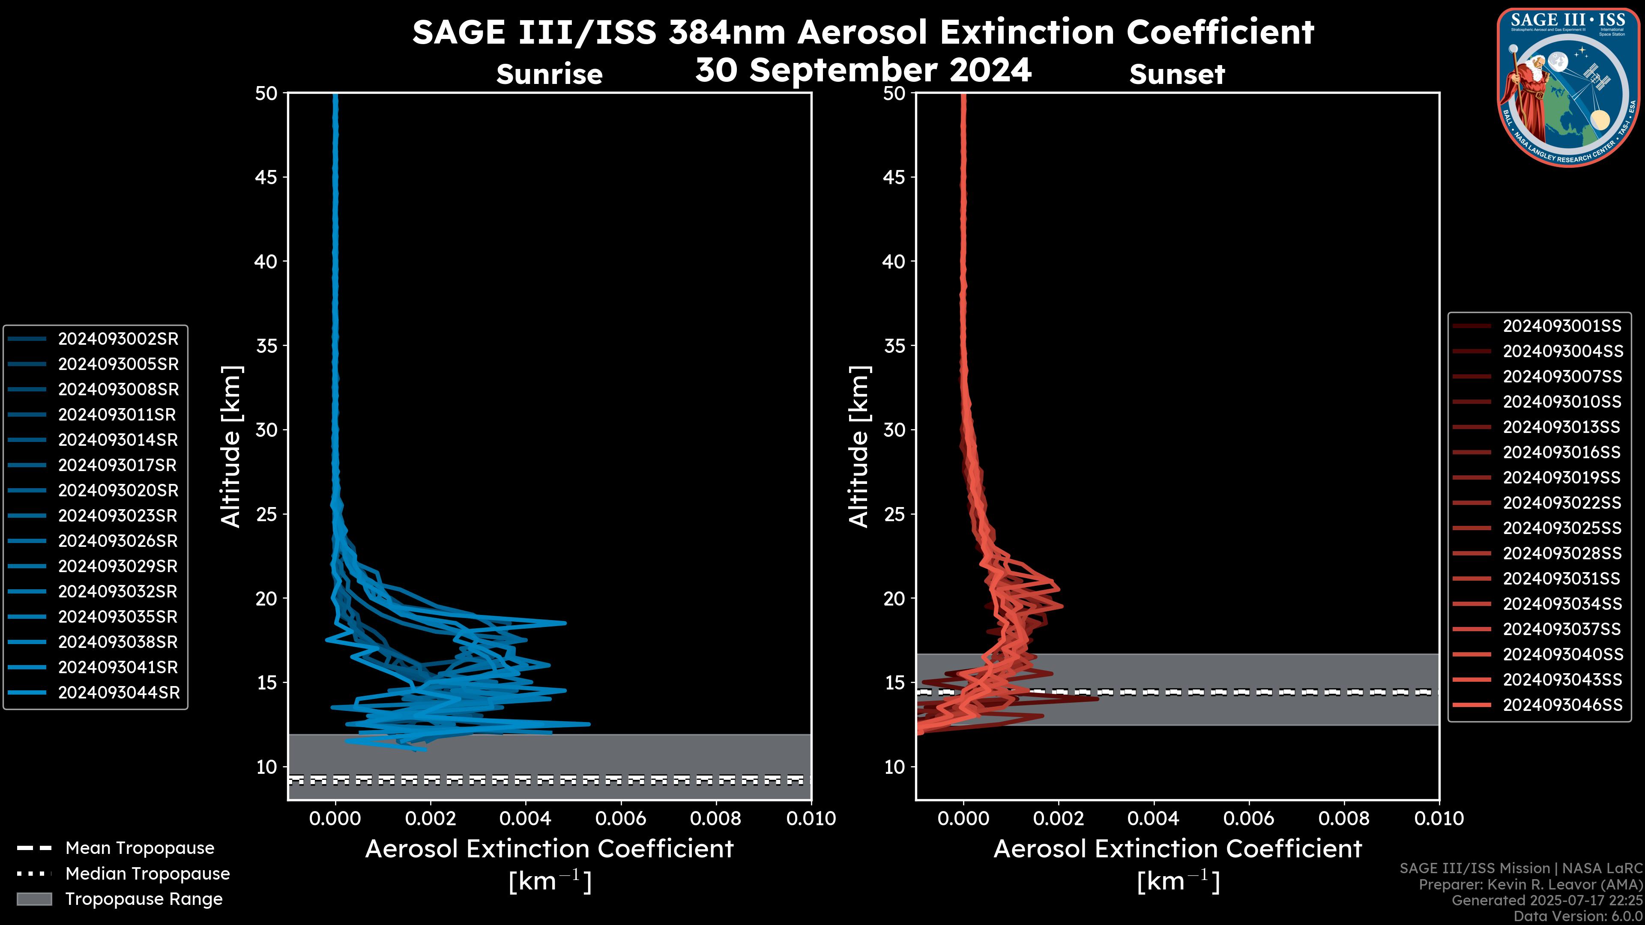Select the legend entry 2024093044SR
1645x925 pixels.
pyautogui.click(x=118, y=692)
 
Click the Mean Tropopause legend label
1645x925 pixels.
pyautogui.click(x=140, y=848)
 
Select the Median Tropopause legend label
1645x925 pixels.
pyautogui.click(x=147, y=873)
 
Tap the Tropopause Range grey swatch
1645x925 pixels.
pyautogui.click(x=34, y=899)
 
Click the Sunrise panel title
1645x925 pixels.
pyautogui.click(x=549, y=75)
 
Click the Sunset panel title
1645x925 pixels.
pyautogui.click(x=1177, y=75)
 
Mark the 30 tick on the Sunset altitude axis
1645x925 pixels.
pyautogui.click(x=894, y=430)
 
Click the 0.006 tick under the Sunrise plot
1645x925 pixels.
pyautogui.click(x=621, y=818)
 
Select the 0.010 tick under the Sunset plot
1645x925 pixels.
pyautogui.click(x=1439, y=818)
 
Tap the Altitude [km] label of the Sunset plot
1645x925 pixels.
pyautogui.click(x=859, y=447)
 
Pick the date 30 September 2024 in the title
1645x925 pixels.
pyautogui.click(x=863, y=69)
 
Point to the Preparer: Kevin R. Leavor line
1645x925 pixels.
pyautogui.click(x=1530, y=884)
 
